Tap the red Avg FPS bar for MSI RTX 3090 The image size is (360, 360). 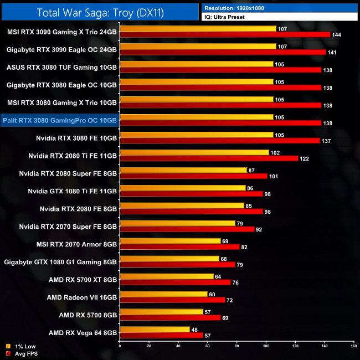point(224,34)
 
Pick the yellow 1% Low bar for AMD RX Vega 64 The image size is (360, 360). point(155,329)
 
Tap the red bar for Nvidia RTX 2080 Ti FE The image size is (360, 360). point(208,158)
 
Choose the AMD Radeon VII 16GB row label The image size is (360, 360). point(82,297)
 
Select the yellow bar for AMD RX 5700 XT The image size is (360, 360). point(167,276)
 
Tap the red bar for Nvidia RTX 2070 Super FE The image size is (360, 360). point(187,229)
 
